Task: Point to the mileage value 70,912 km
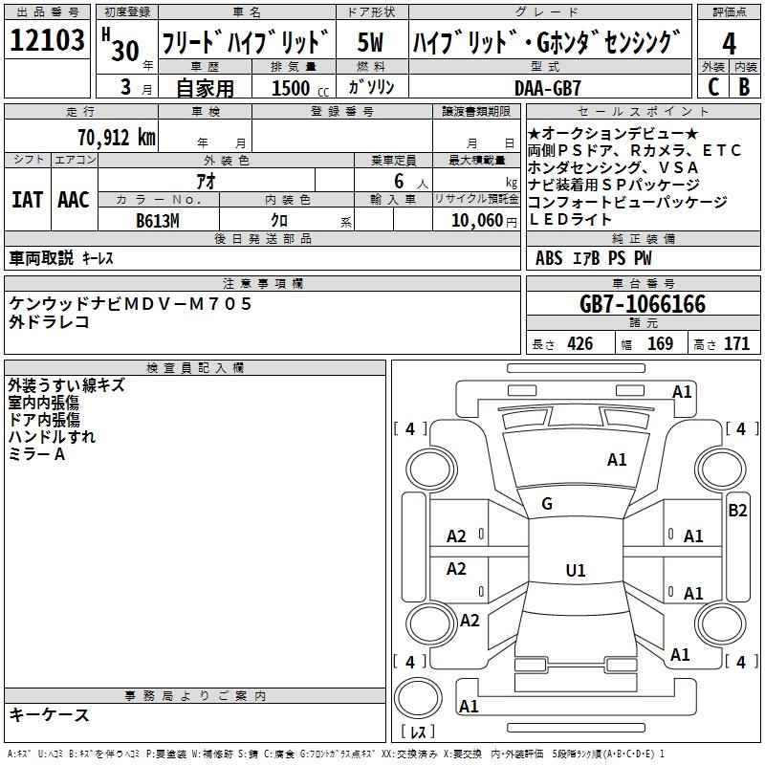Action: pyautogui.click(x=114, y=138)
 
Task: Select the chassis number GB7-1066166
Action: pyautogui.click(x=643, y=305)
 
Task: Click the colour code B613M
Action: pyautogui.click(x=158, y=219)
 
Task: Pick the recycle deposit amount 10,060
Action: pyautogui.click(x=471, y=219)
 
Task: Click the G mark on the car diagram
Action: pyautogui.click(x=547, y=503)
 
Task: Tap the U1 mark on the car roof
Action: pyautogui.click(x=575, y=571)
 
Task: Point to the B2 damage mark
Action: pyautogui.click(x=737, y=511)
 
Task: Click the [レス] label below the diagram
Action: pyautogui.click(x=417, y=732)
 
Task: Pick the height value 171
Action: pyautogui.click(x=736, y=344)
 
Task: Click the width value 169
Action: pyautogui.click(x=660, y=344)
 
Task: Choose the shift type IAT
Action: pyautogui.click(x=27, y=199)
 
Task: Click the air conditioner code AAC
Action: pyautogui.click(x=74, y=199)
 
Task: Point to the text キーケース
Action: pyautogui.click(x=50, y=714)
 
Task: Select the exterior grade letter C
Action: pyautogui.click(x=712, y=87)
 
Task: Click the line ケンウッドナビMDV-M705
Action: pyautogui.click(x=131, y=303)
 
